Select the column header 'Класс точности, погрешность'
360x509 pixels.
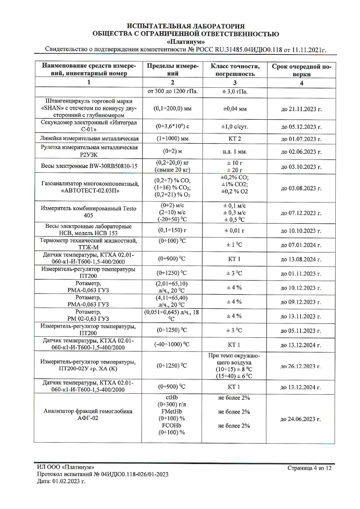(235, 70)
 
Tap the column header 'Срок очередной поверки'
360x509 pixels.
(301, 70)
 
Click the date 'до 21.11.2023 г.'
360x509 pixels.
(301, 109)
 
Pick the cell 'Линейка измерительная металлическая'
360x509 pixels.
(89, 139)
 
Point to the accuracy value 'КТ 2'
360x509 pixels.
(234, 139)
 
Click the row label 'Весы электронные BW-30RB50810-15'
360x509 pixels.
(89, 166)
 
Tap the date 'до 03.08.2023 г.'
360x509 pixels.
(301, 188)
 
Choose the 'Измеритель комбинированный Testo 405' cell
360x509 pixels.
(89, 212)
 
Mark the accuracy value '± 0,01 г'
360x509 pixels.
(234, 230)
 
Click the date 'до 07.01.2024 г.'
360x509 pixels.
(301, 245)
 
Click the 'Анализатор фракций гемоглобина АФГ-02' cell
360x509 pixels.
(88, 414)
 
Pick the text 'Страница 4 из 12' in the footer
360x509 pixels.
(309, 468)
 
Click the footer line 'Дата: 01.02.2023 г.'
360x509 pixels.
(61, 481)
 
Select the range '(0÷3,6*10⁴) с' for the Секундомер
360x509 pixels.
(172, 127)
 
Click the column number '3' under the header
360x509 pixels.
(235, 83)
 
